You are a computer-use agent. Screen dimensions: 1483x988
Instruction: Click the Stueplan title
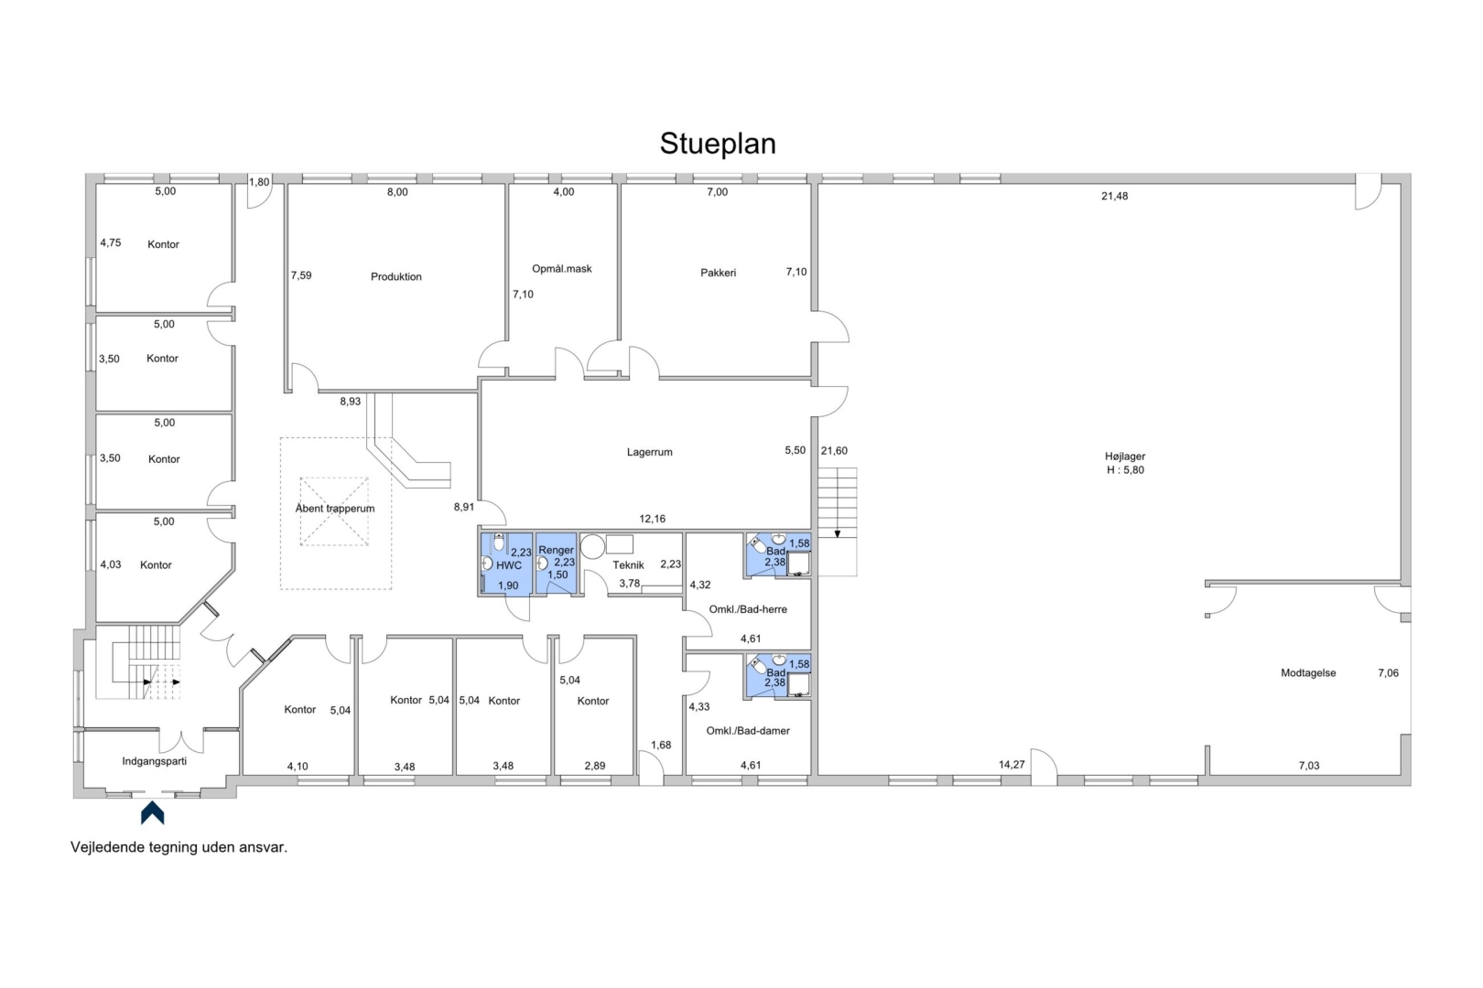tap(718, 144)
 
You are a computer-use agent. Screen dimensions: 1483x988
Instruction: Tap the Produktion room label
tap(395, 276)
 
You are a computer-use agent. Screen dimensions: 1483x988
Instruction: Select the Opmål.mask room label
tap(561, 269)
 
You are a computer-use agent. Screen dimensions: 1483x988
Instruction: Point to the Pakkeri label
tap(719, 273)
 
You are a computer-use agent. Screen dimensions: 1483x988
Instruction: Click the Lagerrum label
tap(649, 452)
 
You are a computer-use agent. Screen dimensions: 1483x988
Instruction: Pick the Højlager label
tap(1125, 456)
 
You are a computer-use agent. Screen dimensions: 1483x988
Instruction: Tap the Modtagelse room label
tap(1308, 673)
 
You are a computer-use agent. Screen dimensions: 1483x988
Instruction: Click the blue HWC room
tap(506, 564)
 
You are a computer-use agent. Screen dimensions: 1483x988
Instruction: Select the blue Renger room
tap(556, 564)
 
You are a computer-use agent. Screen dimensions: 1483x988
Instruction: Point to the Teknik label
tap(628, 565)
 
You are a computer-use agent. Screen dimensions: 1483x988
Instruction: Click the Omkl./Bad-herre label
tap(748, 609)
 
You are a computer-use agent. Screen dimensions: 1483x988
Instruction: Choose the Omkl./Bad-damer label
tap(748, 731)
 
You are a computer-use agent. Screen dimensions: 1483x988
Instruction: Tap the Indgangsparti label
tap(155, 761)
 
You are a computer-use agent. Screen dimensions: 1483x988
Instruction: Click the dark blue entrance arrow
tap(152, 812)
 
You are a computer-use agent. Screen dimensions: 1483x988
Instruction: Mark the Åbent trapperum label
tap(335, 509)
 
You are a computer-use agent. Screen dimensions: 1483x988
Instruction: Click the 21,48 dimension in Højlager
tap(1114, 196)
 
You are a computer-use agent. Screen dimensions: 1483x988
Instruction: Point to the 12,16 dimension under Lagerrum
tap(652, 519)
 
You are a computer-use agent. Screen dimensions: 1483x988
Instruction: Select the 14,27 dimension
tap(1012, 764)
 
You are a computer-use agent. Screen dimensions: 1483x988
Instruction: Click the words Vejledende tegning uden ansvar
tap(179, 847)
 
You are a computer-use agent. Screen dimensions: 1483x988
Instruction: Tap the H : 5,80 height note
tap(1125, 470)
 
